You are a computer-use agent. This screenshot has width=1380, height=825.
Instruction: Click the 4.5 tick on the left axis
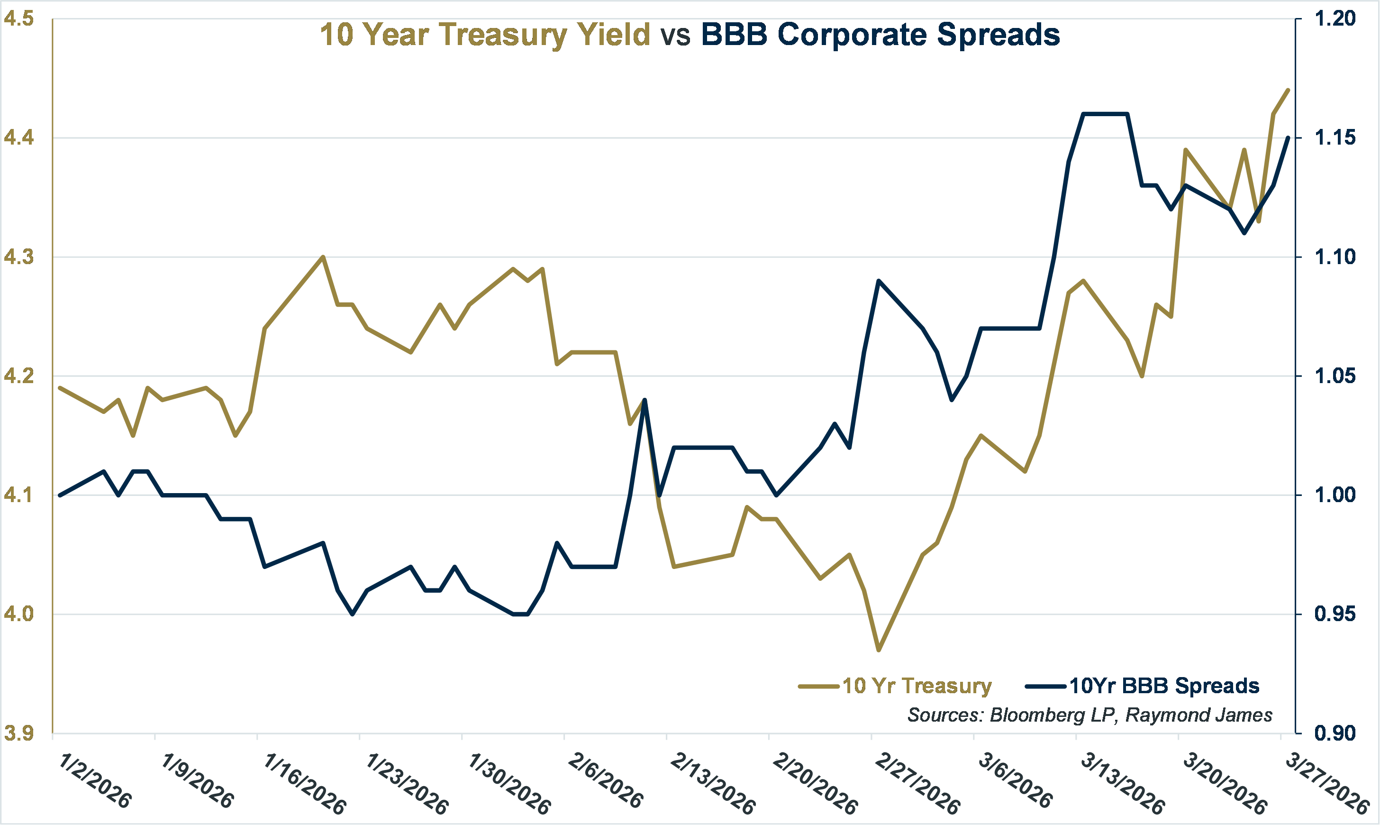click(18, 19)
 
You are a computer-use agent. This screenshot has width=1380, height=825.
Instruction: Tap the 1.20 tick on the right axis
click(1335, 19)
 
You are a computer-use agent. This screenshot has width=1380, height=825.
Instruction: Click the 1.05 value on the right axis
click(1335, 376)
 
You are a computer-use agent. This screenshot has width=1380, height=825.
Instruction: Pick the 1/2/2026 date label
click(94, 781)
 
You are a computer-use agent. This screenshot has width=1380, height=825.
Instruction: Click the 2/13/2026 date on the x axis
click(712, 784)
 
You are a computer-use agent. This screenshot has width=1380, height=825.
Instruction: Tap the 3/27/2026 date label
click(1328, 784)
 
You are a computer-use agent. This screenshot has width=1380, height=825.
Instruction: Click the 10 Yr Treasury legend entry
click(917, 686)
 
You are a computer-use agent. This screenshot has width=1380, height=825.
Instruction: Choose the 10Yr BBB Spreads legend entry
click(1164, 686)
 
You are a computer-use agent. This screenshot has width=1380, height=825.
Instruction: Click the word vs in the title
click(675, 35)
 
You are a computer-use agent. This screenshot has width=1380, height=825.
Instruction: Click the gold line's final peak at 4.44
click(1288, 90)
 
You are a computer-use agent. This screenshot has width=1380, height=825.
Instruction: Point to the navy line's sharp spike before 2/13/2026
click(645, 400)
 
